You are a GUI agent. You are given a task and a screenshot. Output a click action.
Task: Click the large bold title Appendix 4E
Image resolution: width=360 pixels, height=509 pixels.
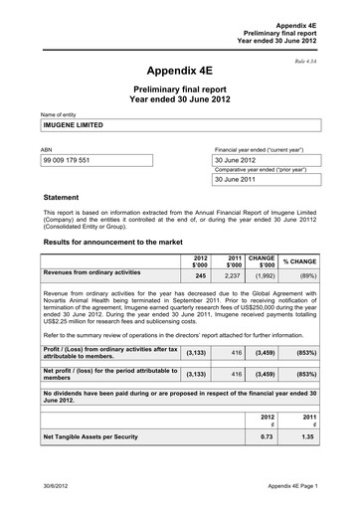click(x=179, y=72)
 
